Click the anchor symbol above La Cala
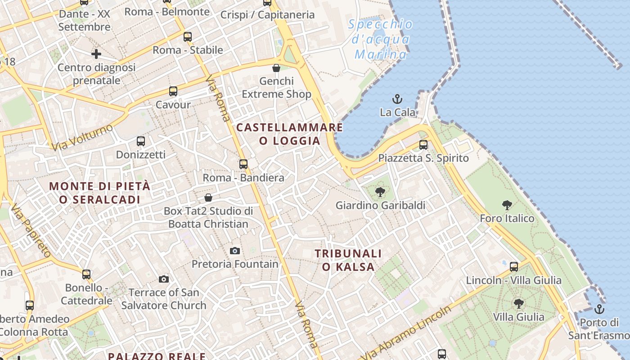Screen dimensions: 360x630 [397, 99]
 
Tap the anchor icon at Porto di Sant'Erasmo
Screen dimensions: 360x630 [599, 309]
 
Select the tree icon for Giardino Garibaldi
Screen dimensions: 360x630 [380, 193]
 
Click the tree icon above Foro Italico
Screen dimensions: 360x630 [507, 205]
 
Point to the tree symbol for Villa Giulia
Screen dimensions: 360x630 [519, 303]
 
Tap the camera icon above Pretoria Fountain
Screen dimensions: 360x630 [235, 251]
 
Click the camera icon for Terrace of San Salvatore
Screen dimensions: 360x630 [164, 279]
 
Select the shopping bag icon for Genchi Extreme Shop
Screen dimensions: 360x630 [276, 68]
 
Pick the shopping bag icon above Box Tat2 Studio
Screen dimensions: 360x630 [208, 198]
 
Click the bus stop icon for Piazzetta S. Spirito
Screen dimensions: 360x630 [423, 145]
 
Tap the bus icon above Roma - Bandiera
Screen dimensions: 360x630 [243, 164]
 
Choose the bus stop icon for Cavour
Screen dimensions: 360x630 [173, 91]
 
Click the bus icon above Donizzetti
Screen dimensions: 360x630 [141, 141]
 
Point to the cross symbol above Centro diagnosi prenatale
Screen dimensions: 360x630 [96, 54]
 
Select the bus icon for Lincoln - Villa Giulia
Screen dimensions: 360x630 [514, 267]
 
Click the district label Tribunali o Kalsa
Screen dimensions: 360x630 [348, 260]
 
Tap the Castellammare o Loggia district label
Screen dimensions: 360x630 [290, 134]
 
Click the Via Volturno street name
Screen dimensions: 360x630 [82, 137]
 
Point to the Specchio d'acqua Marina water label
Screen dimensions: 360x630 [381, 40]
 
